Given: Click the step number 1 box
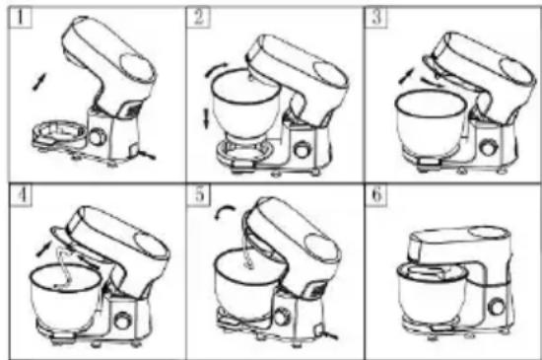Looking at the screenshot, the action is pyautogui.click(x=20, y=18).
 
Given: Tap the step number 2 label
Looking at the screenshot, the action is pyautogui.click(x=198, y=18).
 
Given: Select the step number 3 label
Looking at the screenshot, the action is pyautogui.click(x=376, y=18).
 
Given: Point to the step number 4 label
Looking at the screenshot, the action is pyautogui.click(x=21, y=195).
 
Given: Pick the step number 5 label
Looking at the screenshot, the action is pyautogui.click(x=198, y=195).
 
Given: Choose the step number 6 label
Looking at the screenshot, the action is pyautogui.click(x=376, y=195).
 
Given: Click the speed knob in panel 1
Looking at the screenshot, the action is pyautogui.click(x=98, y=136).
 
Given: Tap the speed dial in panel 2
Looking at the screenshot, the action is pyautogui.click(x=303, y=150).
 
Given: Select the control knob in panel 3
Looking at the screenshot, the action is pyautogui.click(x=488, y=147).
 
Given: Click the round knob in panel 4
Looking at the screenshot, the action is pyautogui.click(x=123, y=321).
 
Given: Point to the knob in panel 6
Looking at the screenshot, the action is pyautogui.click(x=498, y=307).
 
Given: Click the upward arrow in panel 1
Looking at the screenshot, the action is pyautogui.click(x=39, y=82).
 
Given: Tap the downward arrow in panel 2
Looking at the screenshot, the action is pyautogui.click(x=206, y=118).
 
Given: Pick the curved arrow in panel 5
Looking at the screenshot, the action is pyautogui.click(x=224, y=209).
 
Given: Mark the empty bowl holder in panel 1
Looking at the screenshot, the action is pyautogui.click(x=59, y=133).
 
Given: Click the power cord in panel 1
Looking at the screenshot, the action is pyautogui.click(x=146, y=154).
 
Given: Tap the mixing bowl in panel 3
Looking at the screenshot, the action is pyautogui.click(x=431, y=122).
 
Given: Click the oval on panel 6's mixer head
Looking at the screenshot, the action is pyautogui.click(x=490, y=232).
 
